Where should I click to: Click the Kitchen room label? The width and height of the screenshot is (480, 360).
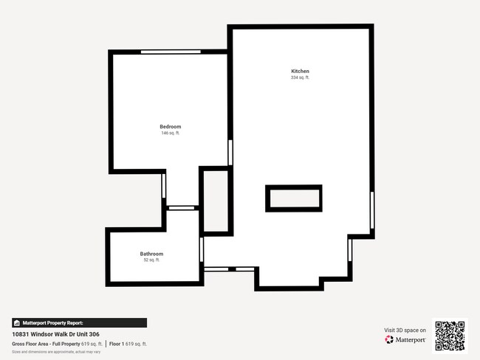click(x=300, y=71)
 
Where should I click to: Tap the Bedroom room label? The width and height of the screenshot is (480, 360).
click(x=171, y=127)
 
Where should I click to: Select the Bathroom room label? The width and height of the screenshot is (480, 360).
click(x=151, y=254)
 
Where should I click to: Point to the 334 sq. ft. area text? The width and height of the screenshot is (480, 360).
click(x=300, y=77)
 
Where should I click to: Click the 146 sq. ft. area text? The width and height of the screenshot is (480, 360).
click(x=171, y=134)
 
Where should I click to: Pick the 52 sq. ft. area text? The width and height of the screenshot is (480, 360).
click(x=151, y=260)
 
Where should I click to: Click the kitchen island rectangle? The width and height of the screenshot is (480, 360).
click(x=294, y=198)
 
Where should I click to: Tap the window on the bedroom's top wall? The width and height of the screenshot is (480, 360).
click(x=171, y=52)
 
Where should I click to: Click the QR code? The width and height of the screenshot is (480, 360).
click(x=450, y=336)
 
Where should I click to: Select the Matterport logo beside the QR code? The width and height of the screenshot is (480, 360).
click(x=405, y=340)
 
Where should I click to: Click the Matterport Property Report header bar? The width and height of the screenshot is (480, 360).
click(x=79, y=323)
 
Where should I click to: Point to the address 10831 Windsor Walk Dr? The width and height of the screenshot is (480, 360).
click(x=56, y=334)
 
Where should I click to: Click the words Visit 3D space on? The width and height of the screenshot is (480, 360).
click(x=405, y=330)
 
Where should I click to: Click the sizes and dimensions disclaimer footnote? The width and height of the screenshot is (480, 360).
click(x=56, y=352)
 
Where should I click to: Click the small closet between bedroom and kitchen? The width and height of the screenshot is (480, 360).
click(x=216, y=201)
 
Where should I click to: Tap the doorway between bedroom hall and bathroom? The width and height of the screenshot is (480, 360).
click(x=181, y=208)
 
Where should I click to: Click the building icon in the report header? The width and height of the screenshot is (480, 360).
click(x=16, y=323)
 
